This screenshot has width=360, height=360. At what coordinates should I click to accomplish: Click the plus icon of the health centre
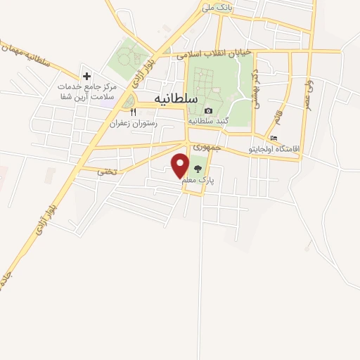pyautogui.click(x=86, y=75)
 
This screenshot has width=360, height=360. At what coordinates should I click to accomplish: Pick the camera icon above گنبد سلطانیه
pyautogui.click(x=208, y=110)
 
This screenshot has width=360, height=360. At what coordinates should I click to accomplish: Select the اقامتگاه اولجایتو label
pyautogui.click(x=274, y=150)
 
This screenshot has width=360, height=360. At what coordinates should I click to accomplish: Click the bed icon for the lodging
pyautogui.click(x=274, y=139)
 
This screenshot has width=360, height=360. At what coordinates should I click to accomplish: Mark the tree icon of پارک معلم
pyautogui.click(x=198, y=169)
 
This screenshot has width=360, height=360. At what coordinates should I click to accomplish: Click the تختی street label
pyautogui.click(x=106, y=171)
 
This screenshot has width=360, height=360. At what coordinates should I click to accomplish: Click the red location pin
pyautogui.click(x=180, y=165)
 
